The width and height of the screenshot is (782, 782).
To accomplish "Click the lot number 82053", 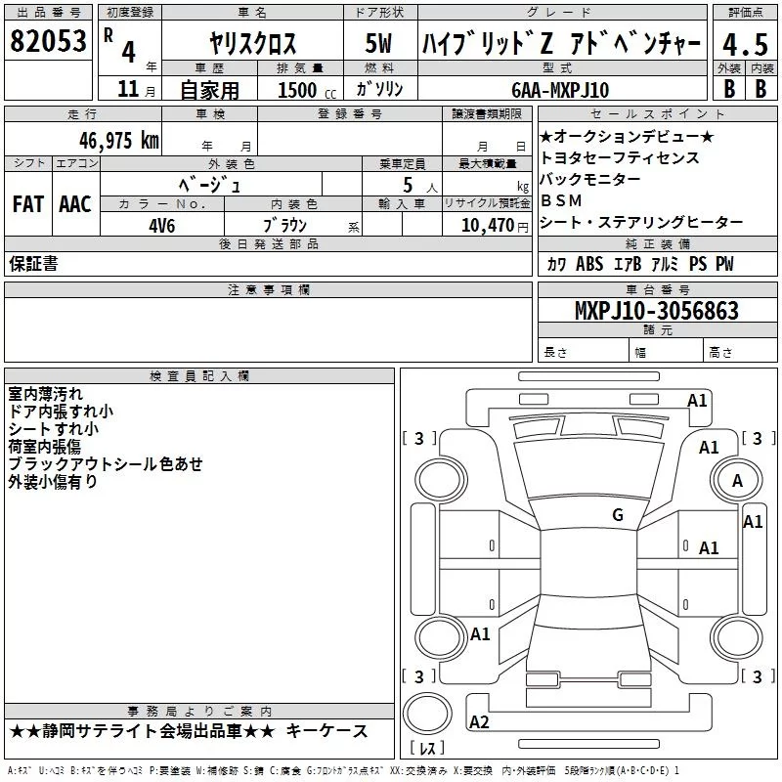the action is (x=47, y=41).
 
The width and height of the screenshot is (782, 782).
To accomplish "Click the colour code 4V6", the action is (x=161, y=224).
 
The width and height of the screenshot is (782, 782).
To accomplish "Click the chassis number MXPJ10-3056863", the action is (x=657, y=311).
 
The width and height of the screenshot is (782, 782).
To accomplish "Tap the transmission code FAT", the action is (x=27, y=204).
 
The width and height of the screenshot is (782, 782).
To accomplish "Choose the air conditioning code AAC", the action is (x=74, y=204).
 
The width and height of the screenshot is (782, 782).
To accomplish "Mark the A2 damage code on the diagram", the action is (x=479, y=722).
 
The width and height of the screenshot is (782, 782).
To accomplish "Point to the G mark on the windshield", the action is (x=618, y=515).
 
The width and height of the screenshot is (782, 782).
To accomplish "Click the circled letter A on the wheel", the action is (x=737, y=480).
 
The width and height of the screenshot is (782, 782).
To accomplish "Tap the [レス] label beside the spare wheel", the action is (x=427, y=750).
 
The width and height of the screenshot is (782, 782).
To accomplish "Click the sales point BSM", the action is (x=561, y=200).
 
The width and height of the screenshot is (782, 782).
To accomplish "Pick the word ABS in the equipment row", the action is (x=589, y=264).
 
